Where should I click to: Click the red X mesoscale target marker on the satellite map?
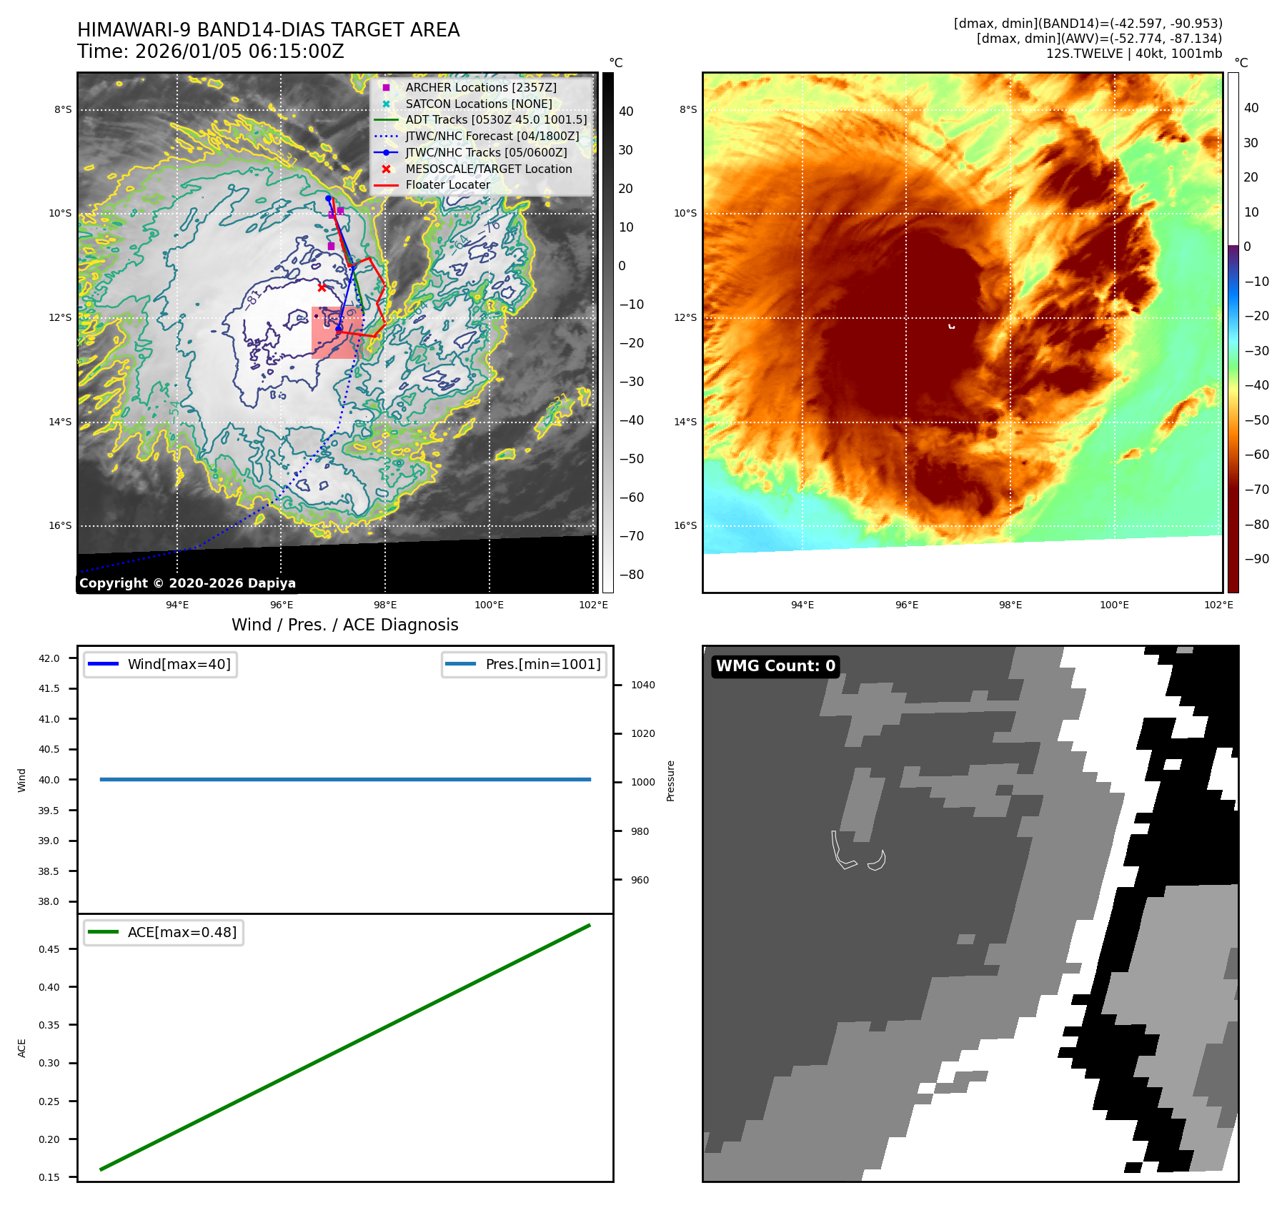click(x=322, y=287)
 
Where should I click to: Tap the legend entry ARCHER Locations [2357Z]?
click(x=480, y=87)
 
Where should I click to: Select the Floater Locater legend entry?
click(x=447, y=185)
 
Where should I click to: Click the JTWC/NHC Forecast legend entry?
click(x=492, y=136)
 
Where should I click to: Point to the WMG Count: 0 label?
click(x=775, y=666)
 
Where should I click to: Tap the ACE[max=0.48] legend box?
click(x=164, y=932)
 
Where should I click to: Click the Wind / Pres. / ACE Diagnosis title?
click(x=344, y=625)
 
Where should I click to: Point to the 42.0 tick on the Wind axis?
click(x=49, y=658)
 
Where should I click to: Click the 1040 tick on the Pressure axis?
click(x=642, y=685)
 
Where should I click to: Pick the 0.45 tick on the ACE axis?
click(x=49, y=949)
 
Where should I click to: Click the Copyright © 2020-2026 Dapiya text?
click(x=187, y=583)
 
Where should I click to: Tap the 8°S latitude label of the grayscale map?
click(x=63, y=109)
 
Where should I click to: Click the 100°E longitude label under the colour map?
click(x=1114, y=605)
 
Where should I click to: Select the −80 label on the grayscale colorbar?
click(x=631, y=575)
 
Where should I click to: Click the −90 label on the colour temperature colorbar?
click(x=1256, y=559)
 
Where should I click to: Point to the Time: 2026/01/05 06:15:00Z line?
click(x=211, y=51)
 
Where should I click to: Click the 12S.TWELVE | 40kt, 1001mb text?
click(x=1133, y=54)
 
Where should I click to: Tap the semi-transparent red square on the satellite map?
click(x=337, y=333)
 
